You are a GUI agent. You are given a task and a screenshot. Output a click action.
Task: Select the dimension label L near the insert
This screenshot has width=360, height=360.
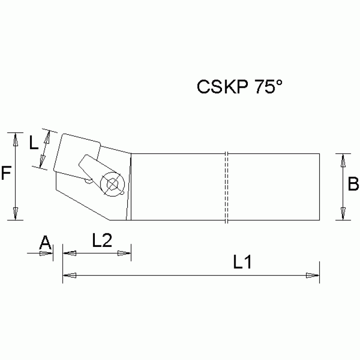(x=34, y=142)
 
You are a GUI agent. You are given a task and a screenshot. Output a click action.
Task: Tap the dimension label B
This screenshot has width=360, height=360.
(x=353, y=184)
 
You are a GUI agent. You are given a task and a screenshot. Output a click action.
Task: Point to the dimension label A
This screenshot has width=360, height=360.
(x=45, y=243)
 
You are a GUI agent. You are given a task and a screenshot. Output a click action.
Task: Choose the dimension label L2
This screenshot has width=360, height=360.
(x=101, y=241)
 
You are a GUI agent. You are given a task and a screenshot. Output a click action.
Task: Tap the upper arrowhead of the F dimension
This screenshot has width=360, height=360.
(x=15, y=139)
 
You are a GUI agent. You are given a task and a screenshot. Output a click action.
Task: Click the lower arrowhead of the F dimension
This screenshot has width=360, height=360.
(x=15, y=213)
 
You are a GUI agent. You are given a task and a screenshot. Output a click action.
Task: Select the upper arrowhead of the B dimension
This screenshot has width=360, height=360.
(x=344, y=161)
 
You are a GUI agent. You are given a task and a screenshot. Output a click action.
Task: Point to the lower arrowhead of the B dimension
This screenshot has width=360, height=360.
(x=344, y=213)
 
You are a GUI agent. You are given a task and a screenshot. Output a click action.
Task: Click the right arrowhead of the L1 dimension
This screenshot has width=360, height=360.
(x=312, y=276)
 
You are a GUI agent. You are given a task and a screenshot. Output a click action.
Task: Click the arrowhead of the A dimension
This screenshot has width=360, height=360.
(x=46, y=253)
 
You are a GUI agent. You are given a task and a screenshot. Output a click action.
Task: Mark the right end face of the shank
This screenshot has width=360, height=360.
(x=319, y=187)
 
